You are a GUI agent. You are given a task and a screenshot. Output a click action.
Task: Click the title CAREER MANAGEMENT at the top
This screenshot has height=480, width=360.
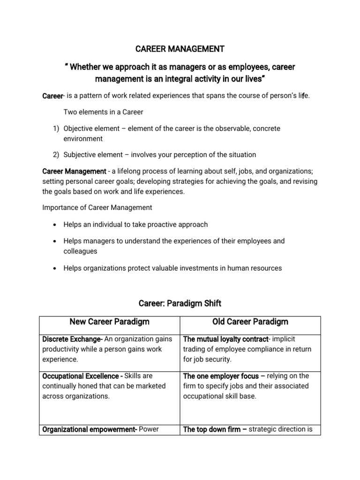[x=180, y=49]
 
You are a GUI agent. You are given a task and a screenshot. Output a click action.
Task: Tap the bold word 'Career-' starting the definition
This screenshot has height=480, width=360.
[x=52, y=96]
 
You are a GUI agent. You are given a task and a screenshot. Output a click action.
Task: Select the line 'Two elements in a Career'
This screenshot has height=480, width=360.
[x=103, y=112]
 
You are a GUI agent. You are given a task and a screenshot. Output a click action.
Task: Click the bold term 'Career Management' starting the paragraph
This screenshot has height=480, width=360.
[x=74, y=172]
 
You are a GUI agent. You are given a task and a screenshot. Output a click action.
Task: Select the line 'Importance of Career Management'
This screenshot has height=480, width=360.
[x=97, y=208]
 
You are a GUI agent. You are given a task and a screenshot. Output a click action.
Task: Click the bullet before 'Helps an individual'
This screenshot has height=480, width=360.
[x=55, y=225]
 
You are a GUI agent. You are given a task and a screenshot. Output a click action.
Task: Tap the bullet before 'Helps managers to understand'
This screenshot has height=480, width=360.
[x=55, y=241]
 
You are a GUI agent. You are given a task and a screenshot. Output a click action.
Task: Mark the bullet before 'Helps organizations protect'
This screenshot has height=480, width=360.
[x=55, y=269]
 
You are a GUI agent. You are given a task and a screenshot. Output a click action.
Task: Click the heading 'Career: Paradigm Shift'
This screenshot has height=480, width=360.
[x=180, y=303]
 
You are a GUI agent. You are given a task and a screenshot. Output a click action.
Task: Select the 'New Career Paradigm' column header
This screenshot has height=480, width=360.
[x=109, y=322]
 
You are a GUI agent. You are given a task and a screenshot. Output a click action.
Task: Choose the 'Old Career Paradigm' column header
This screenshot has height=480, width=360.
[x=250, y=322]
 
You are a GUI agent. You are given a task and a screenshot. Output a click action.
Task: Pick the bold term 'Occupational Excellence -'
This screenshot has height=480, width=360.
[x=82, y=376]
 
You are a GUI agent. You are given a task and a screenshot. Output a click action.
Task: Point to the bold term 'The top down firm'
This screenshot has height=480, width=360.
[x=211, y=429]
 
